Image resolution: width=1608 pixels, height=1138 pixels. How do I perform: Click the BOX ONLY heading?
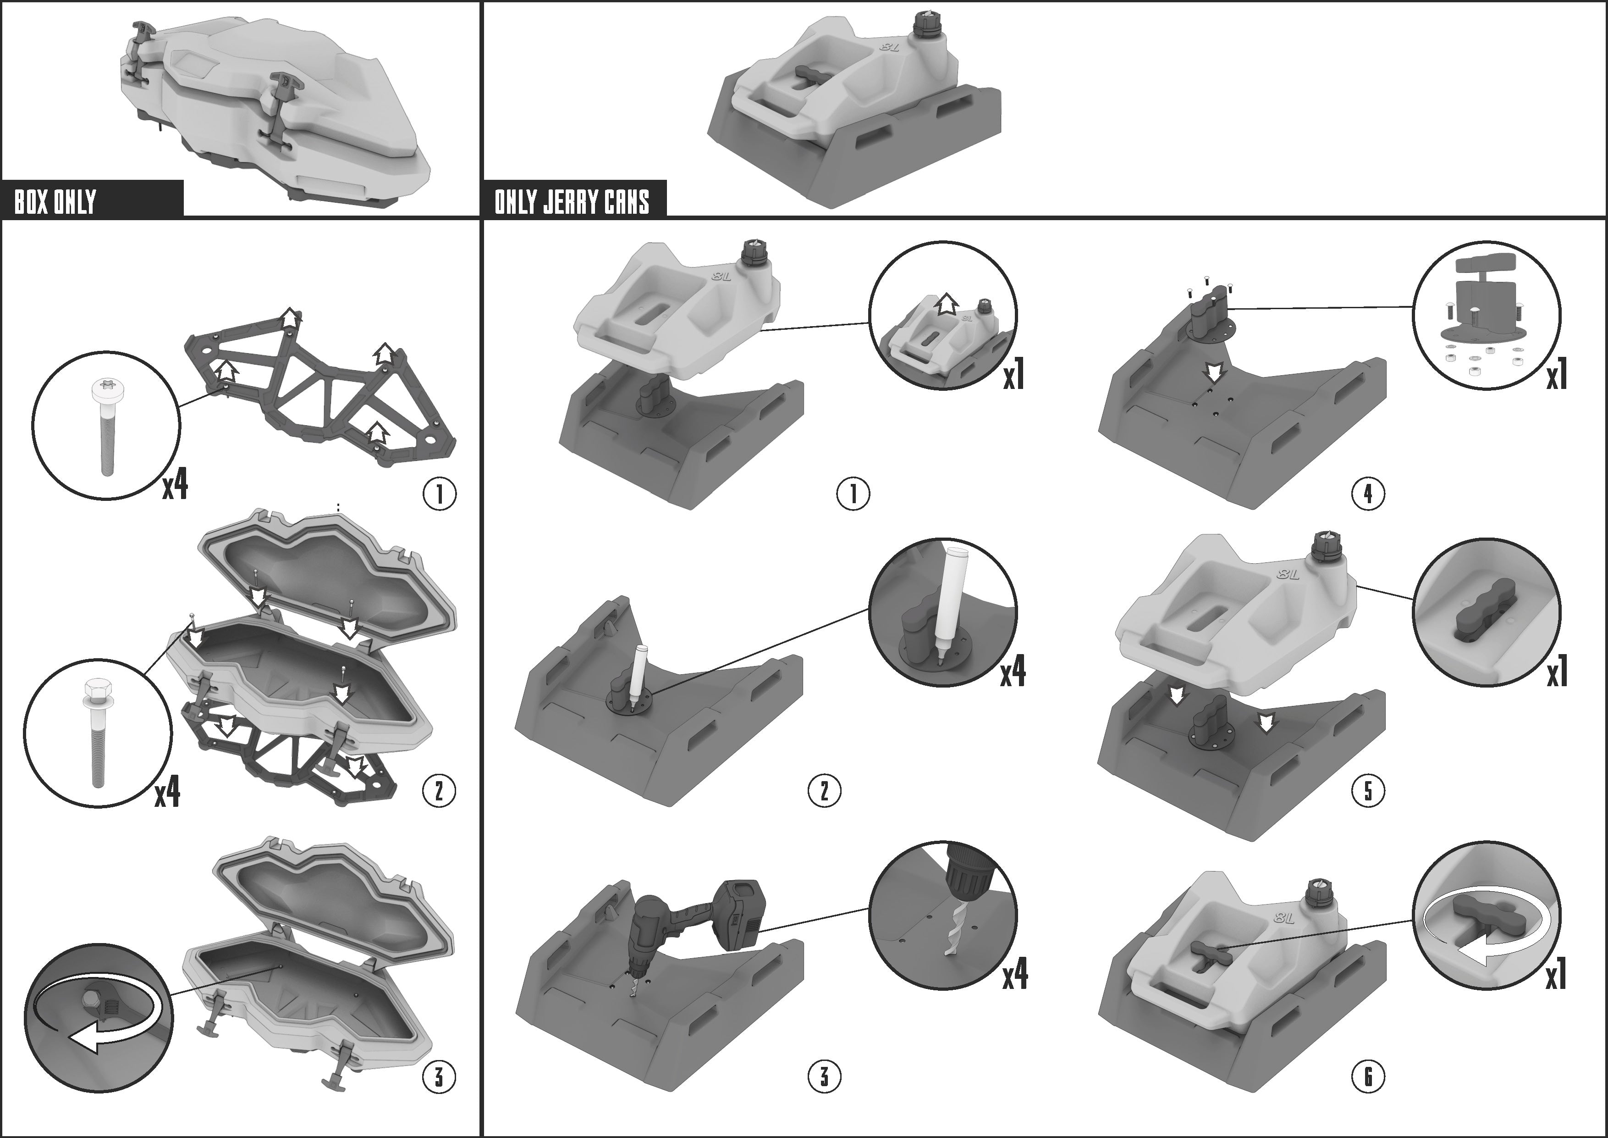55,202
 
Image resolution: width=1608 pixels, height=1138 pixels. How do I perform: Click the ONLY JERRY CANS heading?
572,202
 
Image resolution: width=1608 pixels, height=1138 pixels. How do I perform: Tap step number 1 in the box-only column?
439,494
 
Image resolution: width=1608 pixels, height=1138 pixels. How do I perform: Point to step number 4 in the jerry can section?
1368,494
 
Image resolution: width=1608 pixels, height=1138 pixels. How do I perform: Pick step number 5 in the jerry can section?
1368,791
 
